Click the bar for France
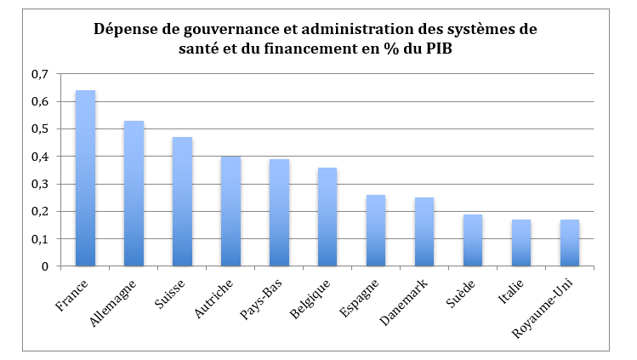pos(85,179)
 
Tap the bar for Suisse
pos(182,202)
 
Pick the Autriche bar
pos(230,211)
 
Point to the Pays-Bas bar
pos(279,213)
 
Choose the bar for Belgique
pos(327,217)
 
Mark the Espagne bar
pos(376,231)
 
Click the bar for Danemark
pos(424,232)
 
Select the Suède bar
pos(473,241)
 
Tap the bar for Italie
pos(521,243)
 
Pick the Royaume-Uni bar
pos(570,243)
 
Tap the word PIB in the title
pos(460,49)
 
